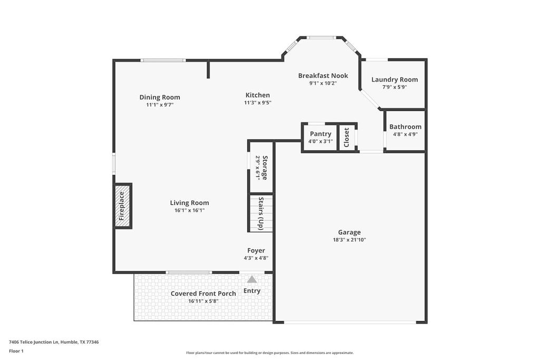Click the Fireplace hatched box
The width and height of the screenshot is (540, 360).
pyautogui.click(x=122, y=206)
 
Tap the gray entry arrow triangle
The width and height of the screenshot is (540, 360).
pyautogui.click(x=252, y=279)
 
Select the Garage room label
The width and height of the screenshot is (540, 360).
pyautogui.click(x=349, y=232)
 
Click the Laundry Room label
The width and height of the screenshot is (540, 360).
pyautogui.click(x=394, y=80)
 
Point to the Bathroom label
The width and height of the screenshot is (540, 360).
pyautogui.click(x=405, y=127)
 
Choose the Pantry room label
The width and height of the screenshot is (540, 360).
pyautogui.click(x=321, y=134)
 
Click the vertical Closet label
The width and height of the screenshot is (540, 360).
pyautogui.click(x=346, y=137)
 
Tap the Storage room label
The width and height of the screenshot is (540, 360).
pyautogui.click(x=262, y=168)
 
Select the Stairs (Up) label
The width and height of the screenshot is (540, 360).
pyautogui.click(x=261, y=213)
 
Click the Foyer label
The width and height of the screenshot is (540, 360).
pyautogui.click(x=256, y=250)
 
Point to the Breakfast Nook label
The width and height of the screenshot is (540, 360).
pyautogui.click(x=323, y=75)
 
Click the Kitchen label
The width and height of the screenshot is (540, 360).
pyautogui.click(x=257, y=95)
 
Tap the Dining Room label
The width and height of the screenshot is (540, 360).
pyautogui.click(x=160, y=97)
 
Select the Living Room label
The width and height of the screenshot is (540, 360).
pyautogui.click(x=189, y=203)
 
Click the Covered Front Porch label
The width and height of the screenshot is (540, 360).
pyautogui.click(x=203, y=294)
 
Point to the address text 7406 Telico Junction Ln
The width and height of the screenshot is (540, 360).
pyautogui.click(x=54, y=342)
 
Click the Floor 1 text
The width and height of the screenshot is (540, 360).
pyautogui.click(x=16, y=351)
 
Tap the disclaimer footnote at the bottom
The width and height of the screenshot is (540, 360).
pyautogui.click(x=269, y=353)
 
